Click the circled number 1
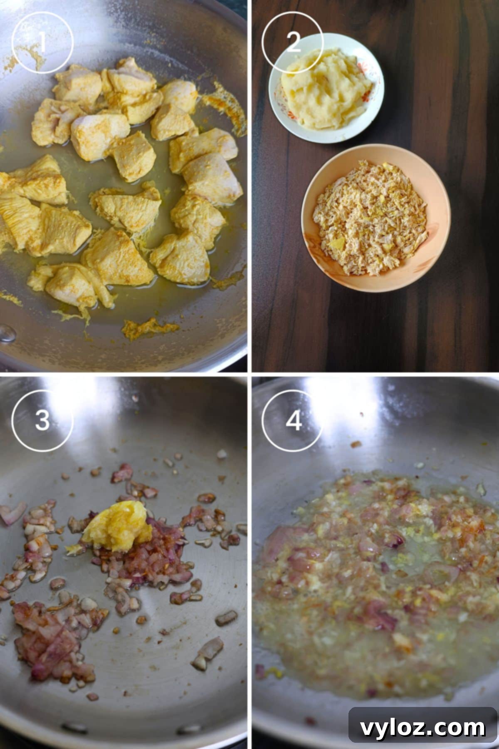[42, 42]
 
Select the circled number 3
[42, 420]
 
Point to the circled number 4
[293, 420]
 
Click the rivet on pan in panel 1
[7, 333]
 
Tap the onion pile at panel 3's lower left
[50, 628]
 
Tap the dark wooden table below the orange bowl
[374, 329]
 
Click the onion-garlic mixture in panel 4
[374, 583]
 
